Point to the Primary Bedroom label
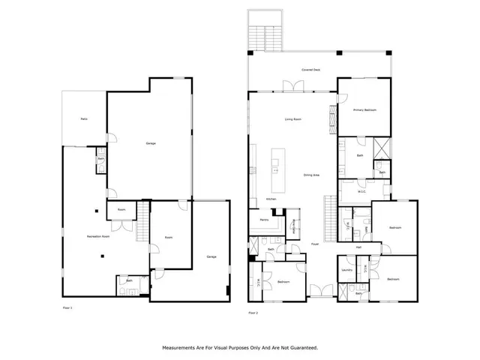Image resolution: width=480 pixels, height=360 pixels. pos(364,110)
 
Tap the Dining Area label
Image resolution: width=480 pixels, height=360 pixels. pos(311,175)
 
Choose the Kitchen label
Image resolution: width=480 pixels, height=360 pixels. pos(271,199)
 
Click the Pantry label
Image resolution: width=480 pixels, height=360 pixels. pos(264,220)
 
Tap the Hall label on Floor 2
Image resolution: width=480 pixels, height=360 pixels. pos(358,247)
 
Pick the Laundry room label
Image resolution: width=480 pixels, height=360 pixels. pos(346,269)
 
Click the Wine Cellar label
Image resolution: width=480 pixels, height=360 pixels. pos(295,222)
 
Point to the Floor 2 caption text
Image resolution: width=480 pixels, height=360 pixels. pos(253,313)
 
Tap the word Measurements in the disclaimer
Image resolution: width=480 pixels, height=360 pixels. pos(183,348)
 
